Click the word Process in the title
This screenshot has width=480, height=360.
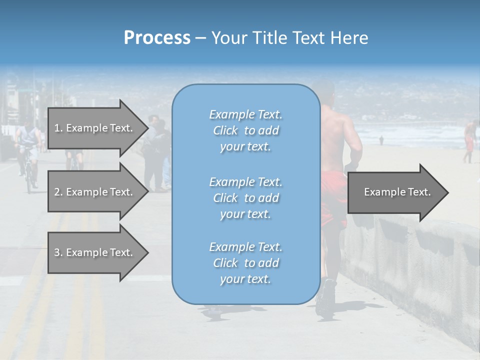coord(157,38)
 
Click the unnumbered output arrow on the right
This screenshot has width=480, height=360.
coord(397,192)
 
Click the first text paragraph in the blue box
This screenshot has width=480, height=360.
coord(245,130)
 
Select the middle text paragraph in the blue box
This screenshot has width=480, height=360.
coord(245,198)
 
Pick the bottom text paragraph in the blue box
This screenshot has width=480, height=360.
coord(245,263)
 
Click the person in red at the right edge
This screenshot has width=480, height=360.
coord(469,140)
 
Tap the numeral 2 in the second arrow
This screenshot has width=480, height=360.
coord(56,192)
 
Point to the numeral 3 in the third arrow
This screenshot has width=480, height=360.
coord(56,252)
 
